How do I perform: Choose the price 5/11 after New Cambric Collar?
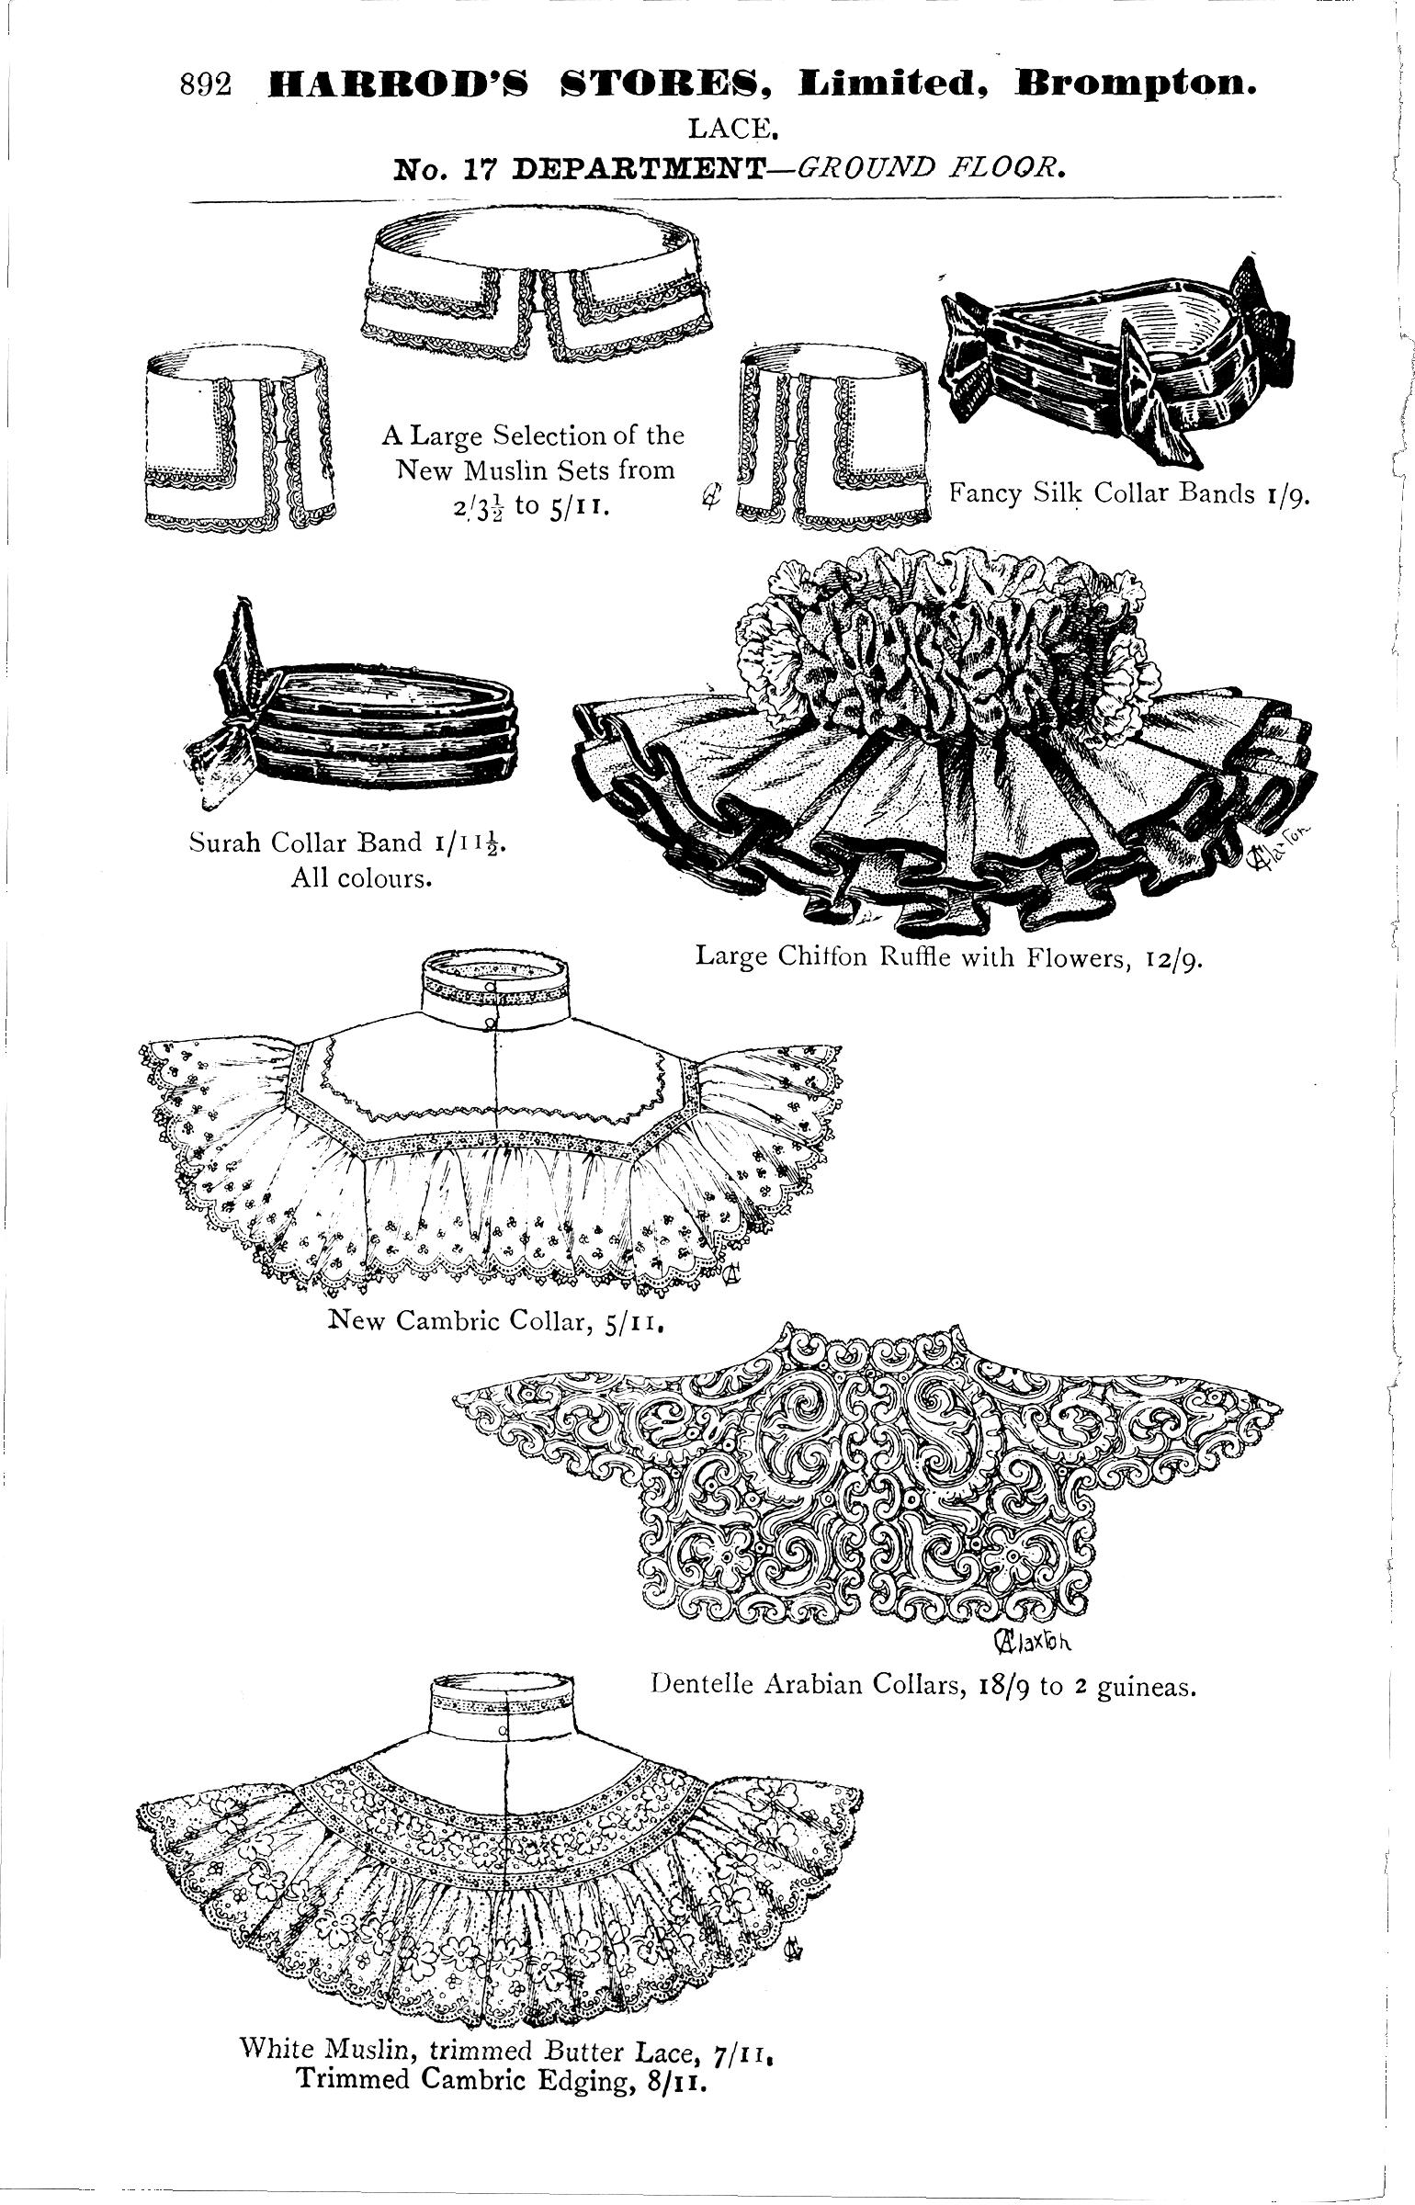pyautogui.click(x=634, y=1322)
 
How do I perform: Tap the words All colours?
pyautogui.click(x=361, y=879)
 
